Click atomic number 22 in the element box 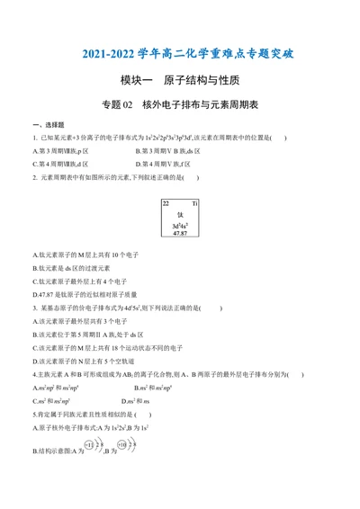click(166, 180)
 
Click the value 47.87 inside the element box click(180, 233)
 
